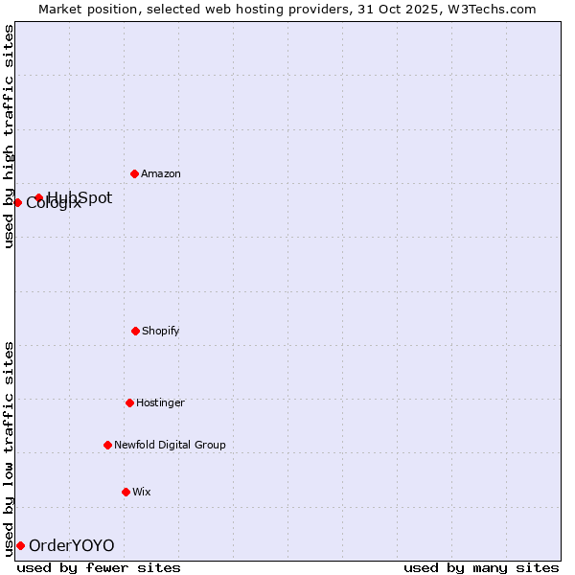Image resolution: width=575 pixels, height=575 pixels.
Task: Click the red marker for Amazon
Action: tap(134, 173)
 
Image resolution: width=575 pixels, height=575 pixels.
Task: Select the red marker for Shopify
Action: tap(135, 331)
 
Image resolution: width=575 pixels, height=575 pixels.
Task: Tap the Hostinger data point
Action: tap(129, 402)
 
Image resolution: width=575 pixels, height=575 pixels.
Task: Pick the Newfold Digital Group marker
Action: tap(107, 445)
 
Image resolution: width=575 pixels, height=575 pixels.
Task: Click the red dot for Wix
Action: tap(126, 492)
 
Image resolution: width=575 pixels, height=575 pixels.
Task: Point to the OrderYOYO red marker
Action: tap(20, 545)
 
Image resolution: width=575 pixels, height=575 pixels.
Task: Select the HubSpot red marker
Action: tap(38, 198)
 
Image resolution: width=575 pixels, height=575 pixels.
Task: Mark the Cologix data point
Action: tap(17, 202)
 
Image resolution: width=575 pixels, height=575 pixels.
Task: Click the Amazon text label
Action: tap(161, 174)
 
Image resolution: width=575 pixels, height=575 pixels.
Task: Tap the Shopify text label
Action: tap(161, 332)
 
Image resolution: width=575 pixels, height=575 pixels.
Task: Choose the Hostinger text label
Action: tap(160, 403)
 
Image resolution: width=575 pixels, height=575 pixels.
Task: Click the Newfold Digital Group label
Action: tap(170, 446)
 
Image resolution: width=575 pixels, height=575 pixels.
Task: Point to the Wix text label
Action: tap(142, 493)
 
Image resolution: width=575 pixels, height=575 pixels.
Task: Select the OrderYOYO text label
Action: tap(72, 546)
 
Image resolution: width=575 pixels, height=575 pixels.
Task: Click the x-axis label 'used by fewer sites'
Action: tap(99, 568)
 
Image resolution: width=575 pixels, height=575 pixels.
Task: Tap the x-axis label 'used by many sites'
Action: tap(481, 568)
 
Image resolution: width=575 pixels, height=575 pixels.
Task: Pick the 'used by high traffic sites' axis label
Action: tap(9, 136)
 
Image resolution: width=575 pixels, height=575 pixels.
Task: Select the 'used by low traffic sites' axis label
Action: tap(9, 448)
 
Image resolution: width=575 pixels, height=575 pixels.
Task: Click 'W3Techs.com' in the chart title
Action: tap(494, 9)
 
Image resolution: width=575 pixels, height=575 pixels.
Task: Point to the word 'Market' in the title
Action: tap(60, 9)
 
